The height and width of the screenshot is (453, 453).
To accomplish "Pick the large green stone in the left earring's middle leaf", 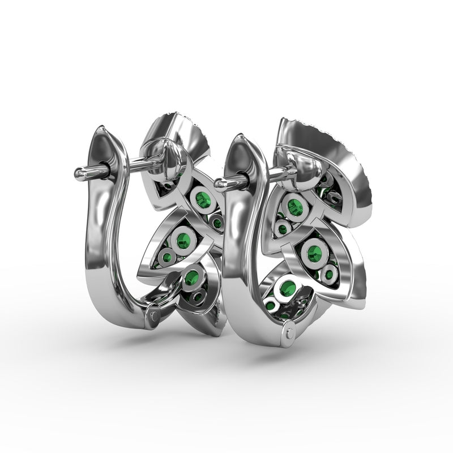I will click(x=182, y=236).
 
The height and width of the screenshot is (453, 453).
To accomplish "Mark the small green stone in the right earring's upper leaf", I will click(x=281, y=230).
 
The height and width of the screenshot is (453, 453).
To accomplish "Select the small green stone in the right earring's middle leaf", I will click(x=330, y=275).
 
